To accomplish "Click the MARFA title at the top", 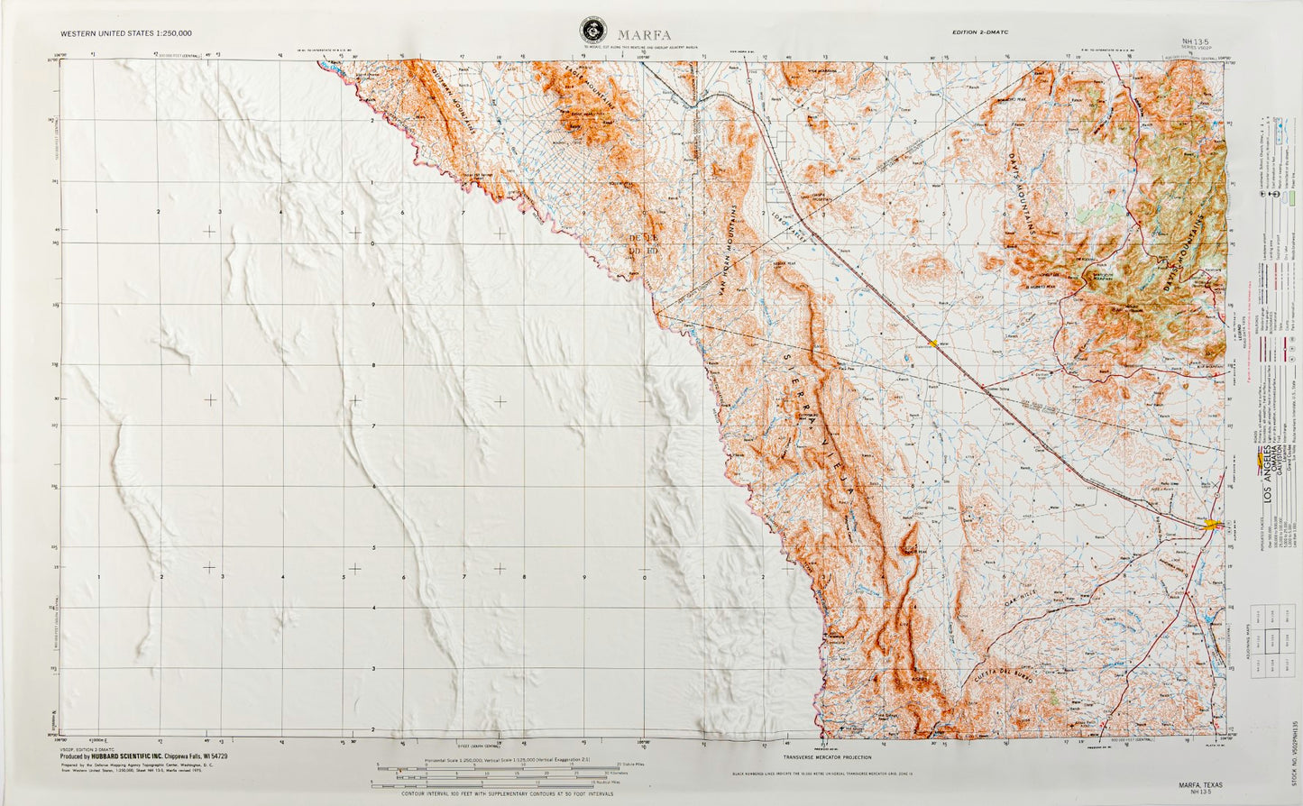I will coord(644,35).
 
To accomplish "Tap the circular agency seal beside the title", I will coord(592,32).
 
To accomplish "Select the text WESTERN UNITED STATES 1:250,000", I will coord(126,33).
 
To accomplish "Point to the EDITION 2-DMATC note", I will coord(979,32).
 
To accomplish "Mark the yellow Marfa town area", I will coord(1212,524).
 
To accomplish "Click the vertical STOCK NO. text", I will coord(1295,748).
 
